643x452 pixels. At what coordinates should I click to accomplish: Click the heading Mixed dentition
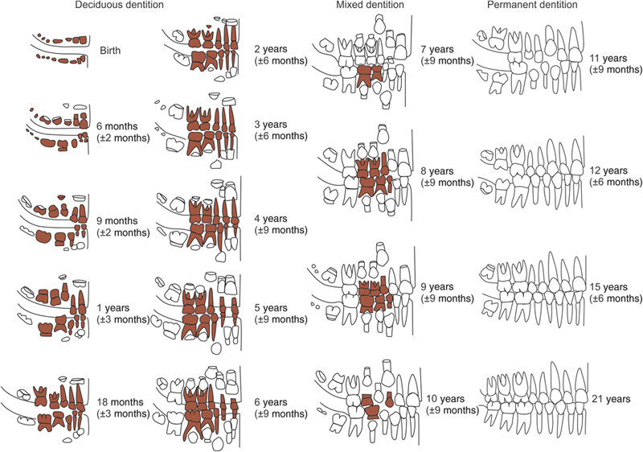coord(370,6)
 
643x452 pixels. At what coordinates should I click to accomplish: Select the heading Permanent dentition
coord(532,6)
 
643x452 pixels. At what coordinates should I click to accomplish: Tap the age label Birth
coord(111,49)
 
